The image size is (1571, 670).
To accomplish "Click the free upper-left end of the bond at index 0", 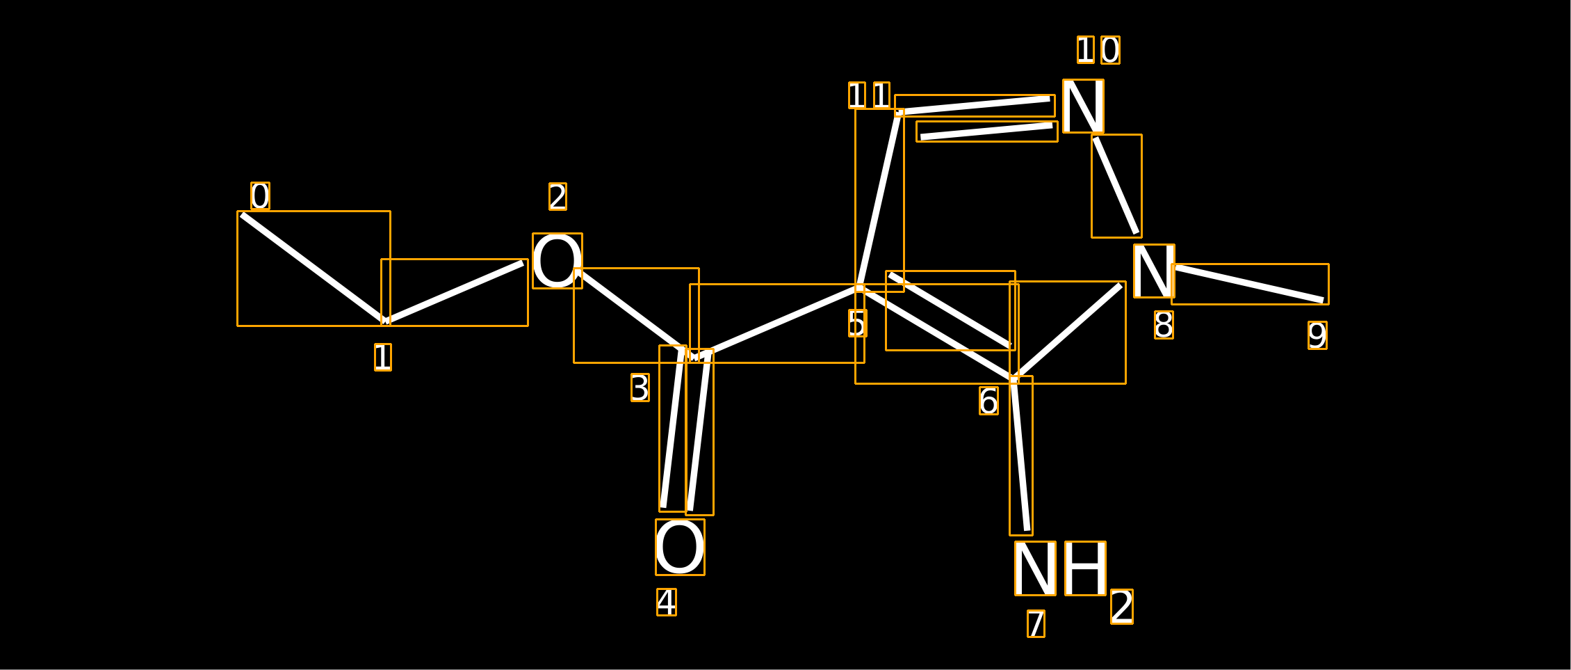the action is pos(242,215).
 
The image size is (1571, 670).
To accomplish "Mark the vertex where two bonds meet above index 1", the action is pos(385,321).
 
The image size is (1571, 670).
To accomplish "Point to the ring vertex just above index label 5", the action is pos(860,287).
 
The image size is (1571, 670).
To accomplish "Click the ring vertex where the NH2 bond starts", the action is pos(1014,380).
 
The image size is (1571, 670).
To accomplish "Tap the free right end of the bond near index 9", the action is pos(1324,301).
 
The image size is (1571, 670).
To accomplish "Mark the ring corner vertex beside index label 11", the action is pos(899,112).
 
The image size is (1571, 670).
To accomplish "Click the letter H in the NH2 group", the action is pos(1085,568).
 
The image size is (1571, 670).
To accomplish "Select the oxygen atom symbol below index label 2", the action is pos(557,261).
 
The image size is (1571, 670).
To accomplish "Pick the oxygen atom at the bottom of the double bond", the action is pos(680,547).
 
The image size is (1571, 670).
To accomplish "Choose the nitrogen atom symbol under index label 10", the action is pos(1083,106).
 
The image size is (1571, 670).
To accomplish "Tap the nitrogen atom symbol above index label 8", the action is pos(1154,271).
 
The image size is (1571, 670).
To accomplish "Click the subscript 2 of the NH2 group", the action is pos(1122,607).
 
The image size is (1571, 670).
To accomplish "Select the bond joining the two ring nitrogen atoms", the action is pos(1116,186).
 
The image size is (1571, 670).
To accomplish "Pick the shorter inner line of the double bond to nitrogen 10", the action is pos(987,131).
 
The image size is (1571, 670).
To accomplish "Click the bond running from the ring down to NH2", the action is pos(1021,456).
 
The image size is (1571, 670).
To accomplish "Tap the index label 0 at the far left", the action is pos(260,196).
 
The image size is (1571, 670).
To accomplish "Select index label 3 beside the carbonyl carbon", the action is pos(640,388).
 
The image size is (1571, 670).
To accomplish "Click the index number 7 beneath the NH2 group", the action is pos(1036,623).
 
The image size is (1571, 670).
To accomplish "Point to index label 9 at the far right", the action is pos(1317,335).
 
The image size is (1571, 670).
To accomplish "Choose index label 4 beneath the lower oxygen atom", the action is pos(667,602).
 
